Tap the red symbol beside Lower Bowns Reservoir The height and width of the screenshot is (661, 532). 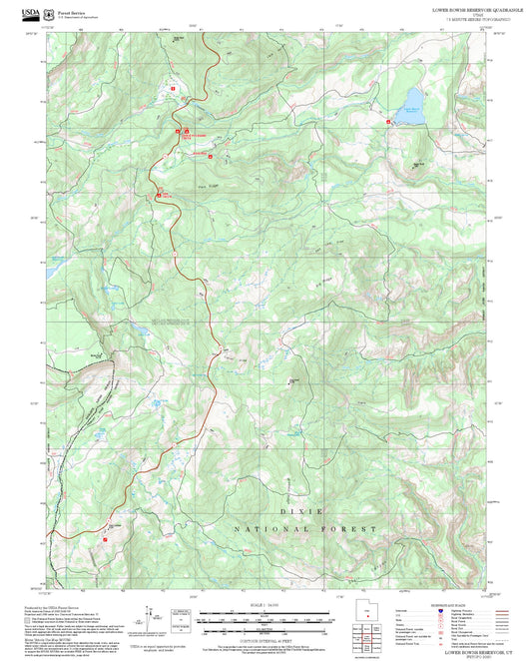[388, 122]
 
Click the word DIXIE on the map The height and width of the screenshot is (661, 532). [302, 510]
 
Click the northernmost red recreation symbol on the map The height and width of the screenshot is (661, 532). [173, 88]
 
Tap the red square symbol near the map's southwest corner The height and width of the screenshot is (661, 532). [105, 540]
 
